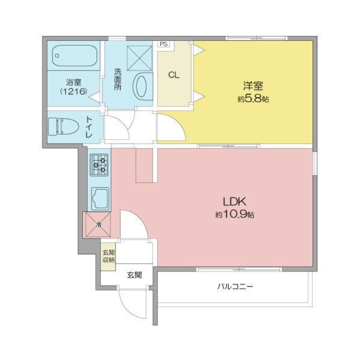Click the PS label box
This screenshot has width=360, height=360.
[163, 44]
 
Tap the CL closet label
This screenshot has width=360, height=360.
[174, 75]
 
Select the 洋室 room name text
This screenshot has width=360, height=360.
[253, 85]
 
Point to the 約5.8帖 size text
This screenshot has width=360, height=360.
[253, 99]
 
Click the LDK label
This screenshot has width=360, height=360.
[234, 202]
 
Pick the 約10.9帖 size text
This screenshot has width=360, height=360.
[234, 215]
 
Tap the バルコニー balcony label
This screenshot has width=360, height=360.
[235, 287]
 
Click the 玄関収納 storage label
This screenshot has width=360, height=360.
[108, 256]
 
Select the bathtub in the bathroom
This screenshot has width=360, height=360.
[75, 56]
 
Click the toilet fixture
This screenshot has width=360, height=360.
[63, 126]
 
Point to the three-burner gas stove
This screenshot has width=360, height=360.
[99, 165]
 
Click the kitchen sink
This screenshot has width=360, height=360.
[100, 199]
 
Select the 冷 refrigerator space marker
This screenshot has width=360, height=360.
[99, 225]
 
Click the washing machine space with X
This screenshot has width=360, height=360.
[139, 58]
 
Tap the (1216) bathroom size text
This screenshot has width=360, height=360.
[73, 92]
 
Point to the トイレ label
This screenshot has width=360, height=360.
[89, 127]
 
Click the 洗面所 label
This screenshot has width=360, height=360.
[118, 79]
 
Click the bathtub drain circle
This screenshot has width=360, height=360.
[57, 55]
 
